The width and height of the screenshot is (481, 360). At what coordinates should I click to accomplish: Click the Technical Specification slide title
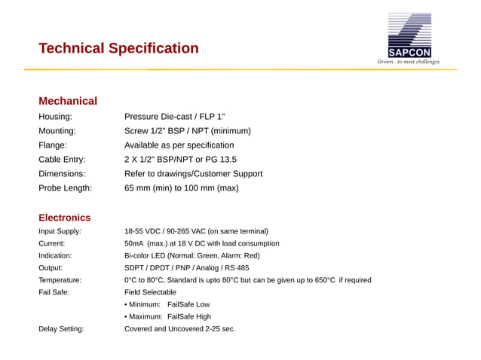[118, 49]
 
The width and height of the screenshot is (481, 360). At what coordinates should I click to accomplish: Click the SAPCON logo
[409, 38]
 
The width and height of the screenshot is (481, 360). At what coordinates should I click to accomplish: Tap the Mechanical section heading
[68, 101]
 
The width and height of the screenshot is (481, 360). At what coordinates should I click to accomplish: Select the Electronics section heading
[64, 218]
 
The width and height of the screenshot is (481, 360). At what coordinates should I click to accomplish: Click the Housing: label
[55, 117]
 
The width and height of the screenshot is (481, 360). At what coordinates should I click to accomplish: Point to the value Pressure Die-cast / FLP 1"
[174, 117]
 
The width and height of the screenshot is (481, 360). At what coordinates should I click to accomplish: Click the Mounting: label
[57, 131]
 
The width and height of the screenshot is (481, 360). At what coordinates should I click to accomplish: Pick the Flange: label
[53, 145]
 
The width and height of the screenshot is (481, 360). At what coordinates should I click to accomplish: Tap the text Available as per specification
[179, 145]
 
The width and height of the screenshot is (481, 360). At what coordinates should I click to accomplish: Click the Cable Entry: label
[62, 160]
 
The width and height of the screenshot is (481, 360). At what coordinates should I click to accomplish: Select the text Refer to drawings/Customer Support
[193, 174]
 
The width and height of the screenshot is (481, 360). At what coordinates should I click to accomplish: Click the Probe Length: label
[65, 188]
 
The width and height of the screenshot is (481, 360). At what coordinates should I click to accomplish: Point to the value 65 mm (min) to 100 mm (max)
[181, 188]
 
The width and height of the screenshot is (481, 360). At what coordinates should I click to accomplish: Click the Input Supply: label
[60, 231]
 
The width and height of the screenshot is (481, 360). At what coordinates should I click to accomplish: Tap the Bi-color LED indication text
[191, 255]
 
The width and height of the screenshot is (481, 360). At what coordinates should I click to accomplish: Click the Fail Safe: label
[54, 292]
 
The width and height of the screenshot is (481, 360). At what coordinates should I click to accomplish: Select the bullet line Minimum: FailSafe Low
[167, 304]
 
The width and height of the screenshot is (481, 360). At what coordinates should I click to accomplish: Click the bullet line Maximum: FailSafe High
[167, 316]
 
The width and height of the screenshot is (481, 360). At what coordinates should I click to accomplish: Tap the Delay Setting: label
[61, 329]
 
